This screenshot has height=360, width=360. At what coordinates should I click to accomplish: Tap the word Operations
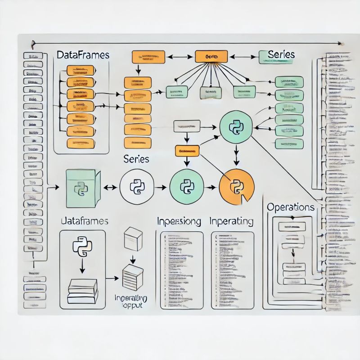(291, 207)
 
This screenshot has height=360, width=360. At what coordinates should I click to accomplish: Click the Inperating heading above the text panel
(231, 221)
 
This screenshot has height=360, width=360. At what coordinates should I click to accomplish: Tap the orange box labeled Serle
(211, 57)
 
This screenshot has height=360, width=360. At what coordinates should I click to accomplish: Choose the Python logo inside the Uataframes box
(82, 247)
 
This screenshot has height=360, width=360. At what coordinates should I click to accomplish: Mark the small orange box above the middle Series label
(187, 151)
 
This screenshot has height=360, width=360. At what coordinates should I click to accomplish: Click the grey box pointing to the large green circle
(187, 126)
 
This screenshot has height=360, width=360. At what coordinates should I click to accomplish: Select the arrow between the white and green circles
(160, 186)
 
